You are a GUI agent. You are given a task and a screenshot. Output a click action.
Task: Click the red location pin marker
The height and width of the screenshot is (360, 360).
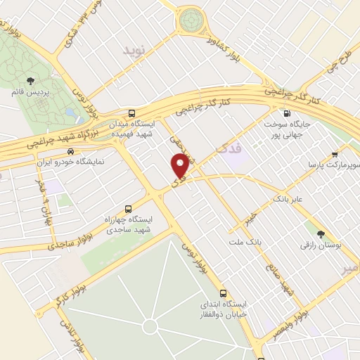pos(181,166)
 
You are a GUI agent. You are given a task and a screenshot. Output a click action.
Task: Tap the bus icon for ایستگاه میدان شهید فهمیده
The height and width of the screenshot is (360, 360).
pos(132,113)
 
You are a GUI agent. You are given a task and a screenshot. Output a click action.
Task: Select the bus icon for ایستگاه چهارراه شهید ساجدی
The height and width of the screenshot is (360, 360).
pos(127,209)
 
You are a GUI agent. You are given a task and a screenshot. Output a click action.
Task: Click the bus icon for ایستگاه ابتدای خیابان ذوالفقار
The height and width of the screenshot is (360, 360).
pos(223,292)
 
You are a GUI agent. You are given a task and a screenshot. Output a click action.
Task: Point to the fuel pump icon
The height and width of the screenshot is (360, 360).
pos(287,113)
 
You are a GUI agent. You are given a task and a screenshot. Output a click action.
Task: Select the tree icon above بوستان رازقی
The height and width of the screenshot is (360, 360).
pos(321,233)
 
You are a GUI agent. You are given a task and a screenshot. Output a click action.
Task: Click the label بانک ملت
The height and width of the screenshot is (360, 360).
pos(245,242)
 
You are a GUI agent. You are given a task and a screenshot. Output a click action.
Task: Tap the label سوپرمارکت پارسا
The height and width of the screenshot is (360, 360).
pos(331,164)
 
